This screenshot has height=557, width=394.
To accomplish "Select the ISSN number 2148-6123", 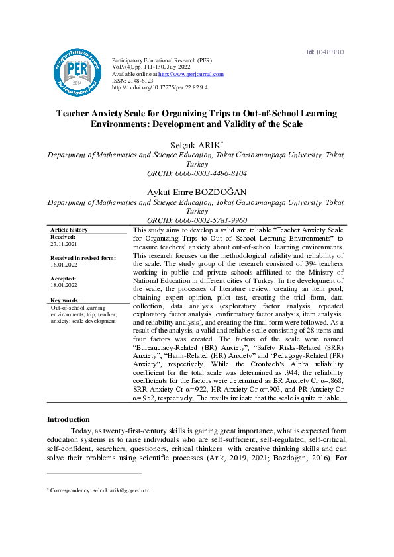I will click(139, 81).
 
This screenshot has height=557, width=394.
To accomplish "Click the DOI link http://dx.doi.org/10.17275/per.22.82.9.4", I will click(160, 87).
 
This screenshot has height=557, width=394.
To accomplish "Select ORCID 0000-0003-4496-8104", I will click(197, 173).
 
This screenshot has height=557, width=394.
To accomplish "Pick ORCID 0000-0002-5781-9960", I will click(197, 220).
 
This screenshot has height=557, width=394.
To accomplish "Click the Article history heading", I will click(69, 230).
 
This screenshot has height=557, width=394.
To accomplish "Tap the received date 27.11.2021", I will click(64, 243).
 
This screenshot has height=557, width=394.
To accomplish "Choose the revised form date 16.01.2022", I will click(64, 264).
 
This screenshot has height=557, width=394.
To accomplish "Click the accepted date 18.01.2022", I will click(64, 285).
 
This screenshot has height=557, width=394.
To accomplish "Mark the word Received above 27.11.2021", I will click(63, 236).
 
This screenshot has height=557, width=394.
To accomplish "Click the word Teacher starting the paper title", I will click(75, 114).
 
